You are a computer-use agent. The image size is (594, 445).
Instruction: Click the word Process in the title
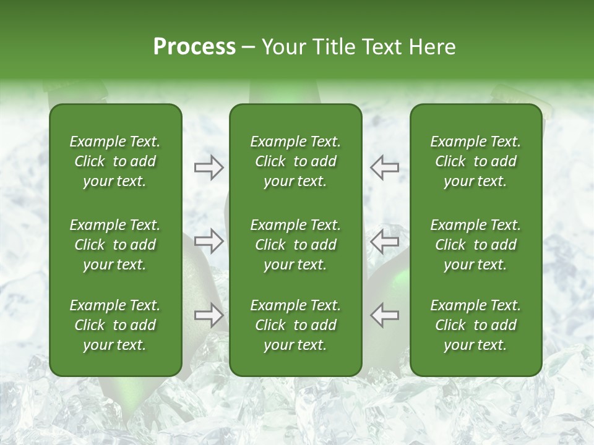tap(194, 47)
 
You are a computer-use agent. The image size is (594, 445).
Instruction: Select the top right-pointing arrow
tap(209, 167)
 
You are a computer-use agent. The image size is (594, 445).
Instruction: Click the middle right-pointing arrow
tap(209, 241)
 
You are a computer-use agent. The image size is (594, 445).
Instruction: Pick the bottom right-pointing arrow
tap(209, 315)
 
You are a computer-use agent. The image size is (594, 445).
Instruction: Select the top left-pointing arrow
tap(384, 167)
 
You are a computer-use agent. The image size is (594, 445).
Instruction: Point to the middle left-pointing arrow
tap(384, 241)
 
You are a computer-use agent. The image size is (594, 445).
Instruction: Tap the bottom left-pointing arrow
tap(384, 315)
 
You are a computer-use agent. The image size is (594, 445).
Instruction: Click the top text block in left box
tap(115, 161)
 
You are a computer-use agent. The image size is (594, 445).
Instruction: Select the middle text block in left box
tap(115, 245)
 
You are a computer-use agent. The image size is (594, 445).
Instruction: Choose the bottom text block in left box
tap(115, 325)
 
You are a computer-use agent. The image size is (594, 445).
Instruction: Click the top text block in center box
tap(295, 161)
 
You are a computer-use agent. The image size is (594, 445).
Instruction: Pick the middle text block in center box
tap(295, 245)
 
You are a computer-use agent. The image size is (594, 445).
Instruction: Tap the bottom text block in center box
tap(295, 325)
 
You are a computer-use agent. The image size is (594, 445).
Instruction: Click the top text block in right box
tap(475, 161)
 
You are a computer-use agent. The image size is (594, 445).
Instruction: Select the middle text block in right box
tap(475, 245)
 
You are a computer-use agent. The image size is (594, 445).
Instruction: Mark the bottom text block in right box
tap(475, 325)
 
